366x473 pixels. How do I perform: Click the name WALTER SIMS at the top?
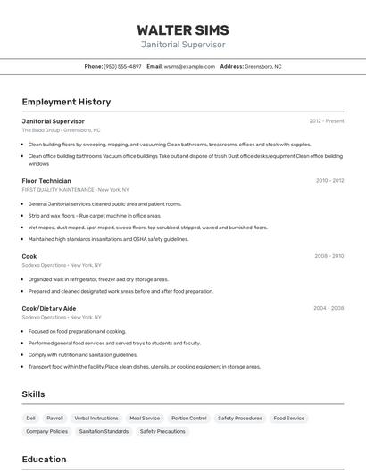point(183,29)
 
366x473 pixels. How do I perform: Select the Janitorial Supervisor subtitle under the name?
point(183,45)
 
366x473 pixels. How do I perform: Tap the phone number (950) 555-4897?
point(122,66)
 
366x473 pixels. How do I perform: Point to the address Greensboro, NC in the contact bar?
point(262,66)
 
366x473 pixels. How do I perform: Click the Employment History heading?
point(66,102)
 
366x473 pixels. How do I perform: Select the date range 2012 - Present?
point(326,121)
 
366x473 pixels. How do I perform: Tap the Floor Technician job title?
point(46,181)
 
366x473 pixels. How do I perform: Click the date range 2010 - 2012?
point(329,181)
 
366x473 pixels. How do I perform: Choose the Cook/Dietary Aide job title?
point(49,308)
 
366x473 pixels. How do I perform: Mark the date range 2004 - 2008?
point(329,308)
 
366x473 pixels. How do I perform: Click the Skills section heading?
point(34,394)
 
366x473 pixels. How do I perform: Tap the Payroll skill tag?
point(55,418)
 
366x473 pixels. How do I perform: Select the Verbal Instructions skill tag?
point(96,418)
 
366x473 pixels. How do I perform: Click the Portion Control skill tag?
point(188,418)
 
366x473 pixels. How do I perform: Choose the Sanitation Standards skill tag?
point(104,431)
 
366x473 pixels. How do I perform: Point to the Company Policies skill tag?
point(47,431)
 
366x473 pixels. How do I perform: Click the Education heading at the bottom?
point(44,460)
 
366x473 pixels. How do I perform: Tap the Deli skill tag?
point(31,418)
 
